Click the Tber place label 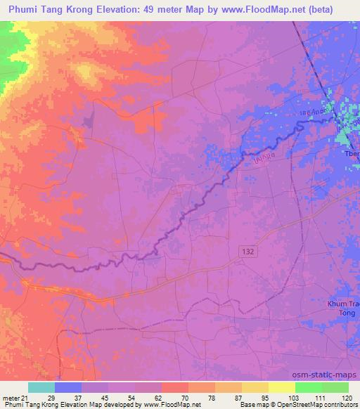click(x=351, y=154)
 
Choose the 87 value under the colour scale click(x=240, y=398)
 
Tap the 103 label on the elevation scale click(x=293, y=398)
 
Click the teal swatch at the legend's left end click(x=41, y=387)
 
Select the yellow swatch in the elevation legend click(x=281, y=387)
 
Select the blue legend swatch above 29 click(x=68, y=387)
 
